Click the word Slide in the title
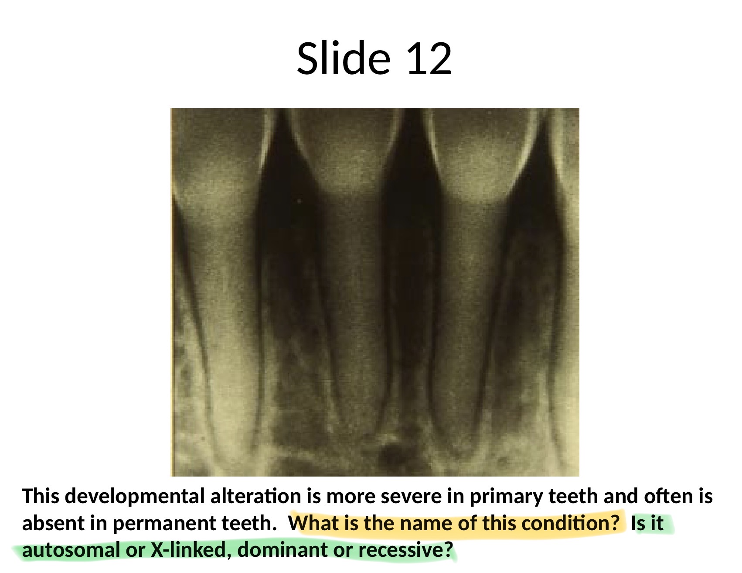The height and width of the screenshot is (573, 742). [x=344, y=58]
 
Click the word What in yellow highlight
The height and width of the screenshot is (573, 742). [x=314, y=523]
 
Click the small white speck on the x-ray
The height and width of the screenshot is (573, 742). [x=299, y=201]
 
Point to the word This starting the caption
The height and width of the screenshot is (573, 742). [x=41, y=496]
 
